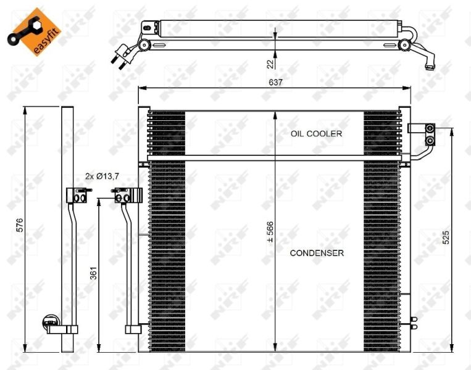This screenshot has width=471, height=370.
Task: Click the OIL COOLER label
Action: pyautogui.click(x=316, y=133)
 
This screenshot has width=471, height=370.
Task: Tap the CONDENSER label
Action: pyautogui.click(x=316, y=253)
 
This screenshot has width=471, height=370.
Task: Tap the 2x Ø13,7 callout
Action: pyautogui.click(x=102, y=176)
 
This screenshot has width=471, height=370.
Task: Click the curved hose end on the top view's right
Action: pyautogui.click(x=427, y=60)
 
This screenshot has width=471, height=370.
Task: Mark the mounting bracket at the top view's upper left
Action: pyautogui.click(x=149, y=28)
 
